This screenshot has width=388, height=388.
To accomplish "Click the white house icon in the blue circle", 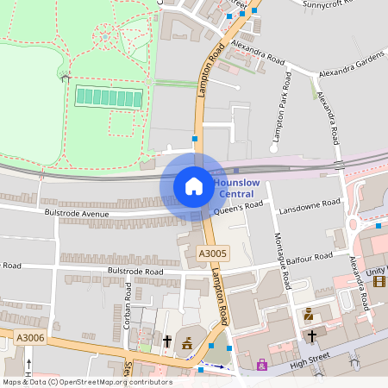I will click(x=193, y=186).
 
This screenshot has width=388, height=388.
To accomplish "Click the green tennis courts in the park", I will click(x=109, y=97).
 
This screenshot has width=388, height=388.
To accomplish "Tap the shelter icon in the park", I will click(x=66, y=78).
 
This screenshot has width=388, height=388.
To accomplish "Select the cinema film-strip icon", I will click(x=379, y=281).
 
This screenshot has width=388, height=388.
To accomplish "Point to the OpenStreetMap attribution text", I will click(x=86, y=382).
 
